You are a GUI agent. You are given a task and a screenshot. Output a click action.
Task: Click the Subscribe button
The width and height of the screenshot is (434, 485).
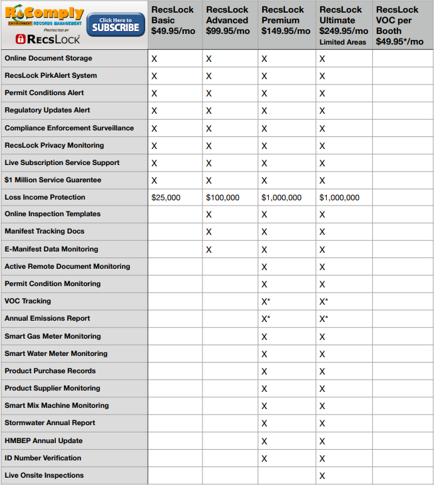tap(116, 25)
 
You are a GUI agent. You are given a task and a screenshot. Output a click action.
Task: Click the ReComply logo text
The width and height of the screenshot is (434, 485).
tap(44, 13)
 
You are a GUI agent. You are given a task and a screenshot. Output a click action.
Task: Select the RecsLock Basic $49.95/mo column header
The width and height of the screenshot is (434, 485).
tap(173, 20)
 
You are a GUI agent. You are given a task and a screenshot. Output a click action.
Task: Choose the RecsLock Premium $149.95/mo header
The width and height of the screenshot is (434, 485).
tap(286, 20)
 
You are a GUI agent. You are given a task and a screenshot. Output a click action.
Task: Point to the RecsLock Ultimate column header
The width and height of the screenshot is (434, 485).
tap(343, 20)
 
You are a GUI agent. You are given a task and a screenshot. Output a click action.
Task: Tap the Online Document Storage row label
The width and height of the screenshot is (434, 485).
tap(49, 59)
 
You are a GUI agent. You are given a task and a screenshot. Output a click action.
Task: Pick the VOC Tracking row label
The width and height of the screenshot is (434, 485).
tap(28, 301)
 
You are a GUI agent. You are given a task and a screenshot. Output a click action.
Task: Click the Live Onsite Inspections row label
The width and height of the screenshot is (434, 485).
tap(45, 476)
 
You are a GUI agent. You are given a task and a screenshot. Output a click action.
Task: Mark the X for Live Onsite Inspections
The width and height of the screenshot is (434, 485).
tap(322, 476)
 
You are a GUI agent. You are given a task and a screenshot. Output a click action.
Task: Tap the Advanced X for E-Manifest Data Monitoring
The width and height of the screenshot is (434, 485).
tap(209, 249)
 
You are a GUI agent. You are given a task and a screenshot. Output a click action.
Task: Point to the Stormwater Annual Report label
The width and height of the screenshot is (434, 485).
tap(50, 423)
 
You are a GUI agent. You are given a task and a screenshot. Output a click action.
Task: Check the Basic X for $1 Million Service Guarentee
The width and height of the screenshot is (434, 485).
tap(154, 180)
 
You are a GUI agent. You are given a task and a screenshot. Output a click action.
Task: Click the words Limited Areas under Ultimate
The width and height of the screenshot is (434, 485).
tap(343, 42)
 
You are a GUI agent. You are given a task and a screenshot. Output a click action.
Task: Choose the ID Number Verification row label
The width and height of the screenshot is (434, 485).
tap(43, 458)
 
